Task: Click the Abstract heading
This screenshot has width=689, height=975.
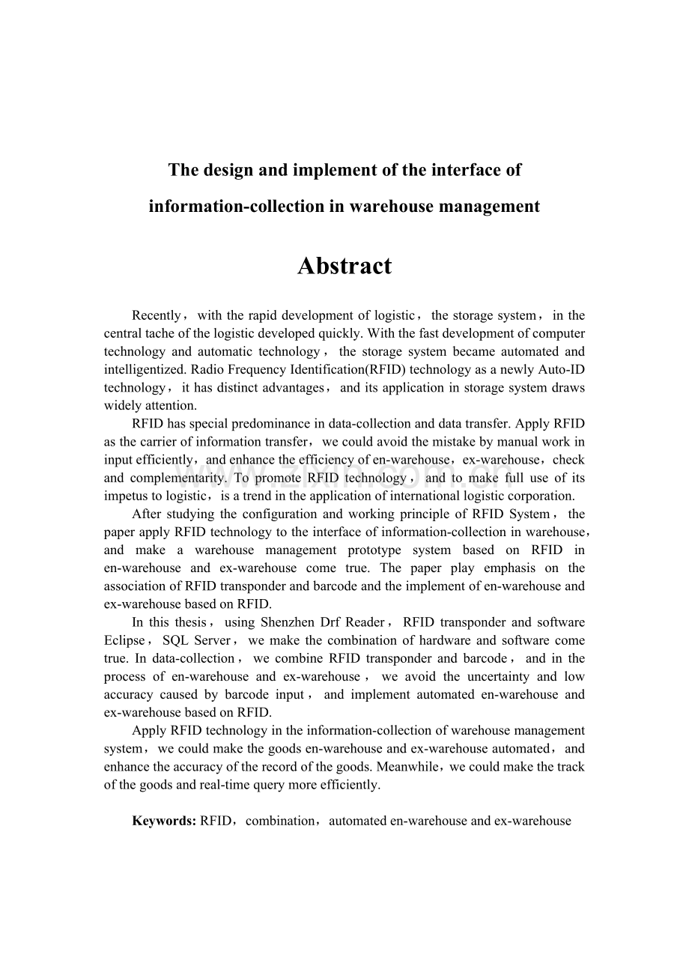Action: (x=344, y=266)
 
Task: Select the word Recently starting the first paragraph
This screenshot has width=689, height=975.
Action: (x=156, y=315)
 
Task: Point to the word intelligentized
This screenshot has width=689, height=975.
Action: (x=146, y=369)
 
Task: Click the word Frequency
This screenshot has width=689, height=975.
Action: (x=257, y=369)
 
